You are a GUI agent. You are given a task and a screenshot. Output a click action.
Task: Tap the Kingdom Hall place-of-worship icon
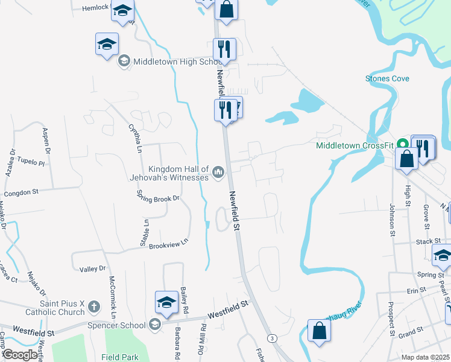pyautogui.click(x=218, y=174)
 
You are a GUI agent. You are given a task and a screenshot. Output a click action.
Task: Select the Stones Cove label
pyautogui.click(x=387, y=78)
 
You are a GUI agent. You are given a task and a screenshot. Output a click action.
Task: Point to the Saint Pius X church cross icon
pyautogui.click(x=93, y=307)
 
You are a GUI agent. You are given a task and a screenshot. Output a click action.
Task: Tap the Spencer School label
pyautogui.click(x=120, y=325)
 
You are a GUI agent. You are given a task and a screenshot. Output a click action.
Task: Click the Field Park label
pyautogui.click(x=121, y=357)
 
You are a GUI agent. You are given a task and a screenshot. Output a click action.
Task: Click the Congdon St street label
pyautogui.click(x=21, y=192)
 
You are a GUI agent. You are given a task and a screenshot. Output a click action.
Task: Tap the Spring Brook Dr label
pyautogui.click(x=158, y=198)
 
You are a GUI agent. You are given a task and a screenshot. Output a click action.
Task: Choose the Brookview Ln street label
pyautogui.click(x=169, y=244)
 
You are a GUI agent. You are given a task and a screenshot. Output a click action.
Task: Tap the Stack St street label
pyautogui.click(x=428, y=241)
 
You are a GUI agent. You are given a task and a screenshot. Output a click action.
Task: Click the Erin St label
pyautogui.click(x=416, y=290)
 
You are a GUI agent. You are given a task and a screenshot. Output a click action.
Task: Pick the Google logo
pyautogui.click(x=19, y=355)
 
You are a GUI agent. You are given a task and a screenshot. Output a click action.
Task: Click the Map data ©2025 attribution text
pyautogui.click(x=425, y=357)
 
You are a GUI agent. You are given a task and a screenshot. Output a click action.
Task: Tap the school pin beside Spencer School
pyautogui.click(x=166, y=303)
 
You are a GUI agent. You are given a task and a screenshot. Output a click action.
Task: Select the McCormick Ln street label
pyautogui.click(x=112, y=297)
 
